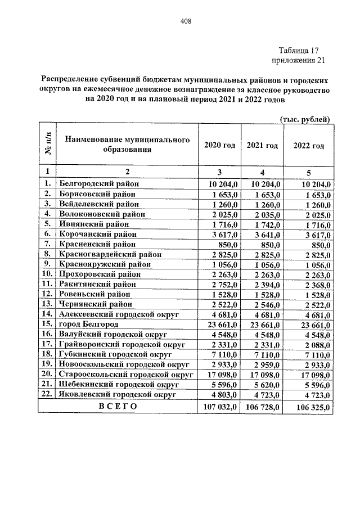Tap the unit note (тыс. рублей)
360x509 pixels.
pos(304,119)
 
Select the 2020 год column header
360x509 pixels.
pos(219,145)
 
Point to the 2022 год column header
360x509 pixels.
pos(309,145)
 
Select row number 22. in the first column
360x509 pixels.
pos(47,395)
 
